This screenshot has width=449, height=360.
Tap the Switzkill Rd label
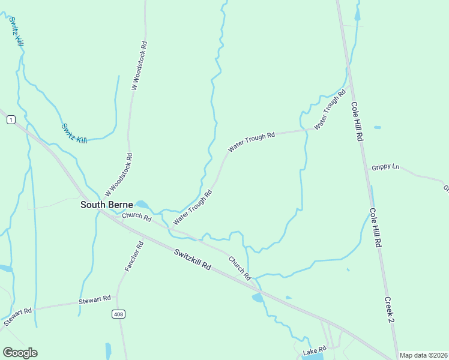193,259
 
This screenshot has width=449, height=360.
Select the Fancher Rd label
134,256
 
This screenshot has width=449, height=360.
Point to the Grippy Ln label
385,167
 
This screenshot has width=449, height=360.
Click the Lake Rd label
314,349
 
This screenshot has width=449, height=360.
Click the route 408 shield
118,314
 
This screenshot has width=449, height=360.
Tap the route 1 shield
10,120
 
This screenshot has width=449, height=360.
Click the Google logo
20,352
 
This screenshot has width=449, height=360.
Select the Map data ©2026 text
423,355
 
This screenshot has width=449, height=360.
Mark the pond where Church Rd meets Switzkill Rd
258,298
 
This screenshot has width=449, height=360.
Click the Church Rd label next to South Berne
136,216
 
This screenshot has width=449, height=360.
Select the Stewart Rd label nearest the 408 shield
95,299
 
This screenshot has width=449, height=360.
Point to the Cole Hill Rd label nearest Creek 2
376,228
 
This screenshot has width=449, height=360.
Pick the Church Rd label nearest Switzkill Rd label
239,268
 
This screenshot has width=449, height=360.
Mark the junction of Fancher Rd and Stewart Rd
117,298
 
